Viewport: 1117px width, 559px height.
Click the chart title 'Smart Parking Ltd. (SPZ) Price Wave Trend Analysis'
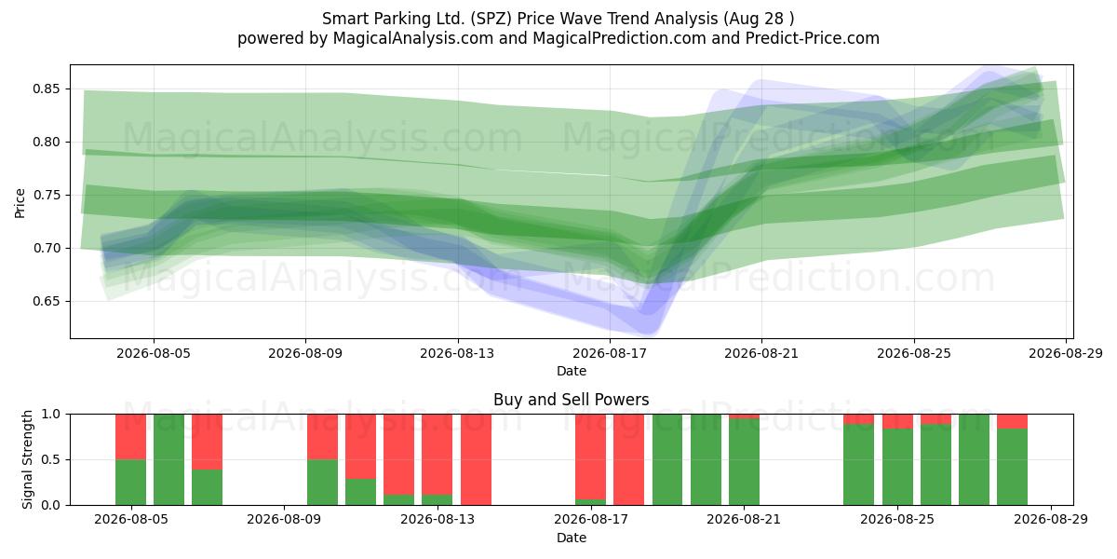[519, 19]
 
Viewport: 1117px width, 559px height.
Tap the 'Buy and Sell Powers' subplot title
[571, 400]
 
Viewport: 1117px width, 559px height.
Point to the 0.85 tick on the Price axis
[46, 89]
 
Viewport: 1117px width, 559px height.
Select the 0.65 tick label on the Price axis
[46, 302]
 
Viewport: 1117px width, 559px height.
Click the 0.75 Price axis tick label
[46, 195]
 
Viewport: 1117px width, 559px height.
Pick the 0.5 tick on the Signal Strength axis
[51, 459]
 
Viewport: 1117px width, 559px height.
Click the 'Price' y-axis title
[20, 203]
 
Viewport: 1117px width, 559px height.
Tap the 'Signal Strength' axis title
[27, 459]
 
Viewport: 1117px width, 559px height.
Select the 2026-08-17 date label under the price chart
[610, 353]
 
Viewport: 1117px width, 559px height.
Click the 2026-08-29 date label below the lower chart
[1051, 519]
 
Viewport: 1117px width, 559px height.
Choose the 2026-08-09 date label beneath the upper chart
[305, 353]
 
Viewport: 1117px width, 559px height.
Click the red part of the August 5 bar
[130, 437]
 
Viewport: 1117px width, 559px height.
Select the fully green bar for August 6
[169, 459]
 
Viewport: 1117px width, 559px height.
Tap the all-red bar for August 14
[476, 459]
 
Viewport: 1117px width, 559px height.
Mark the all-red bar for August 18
[629, 459]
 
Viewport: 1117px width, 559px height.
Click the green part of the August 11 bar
[360, 492]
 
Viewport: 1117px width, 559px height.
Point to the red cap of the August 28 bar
[1013, 421]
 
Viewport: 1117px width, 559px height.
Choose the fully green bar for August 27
[974, 459]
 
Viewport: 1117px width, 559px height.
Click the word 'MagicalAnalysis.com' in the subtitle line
[413, 38]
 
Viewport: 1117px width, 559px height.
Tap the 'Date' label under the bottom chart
[572, 538]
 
